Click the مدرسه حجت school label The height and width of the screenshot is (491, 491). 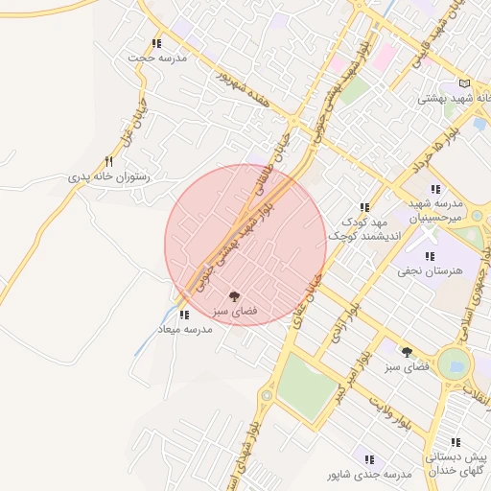click(x=157, y=58)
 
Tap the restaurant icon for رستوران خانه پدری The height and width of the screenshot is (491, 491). click(x=108, y=162)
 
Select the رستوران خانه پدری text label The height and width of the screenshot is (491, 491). click(x=110, y=177)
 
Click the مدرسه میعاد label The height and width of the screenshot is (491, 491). click(x=184, y=329)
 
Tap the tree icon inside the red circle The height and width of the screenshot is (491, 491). click(x=234, y=296)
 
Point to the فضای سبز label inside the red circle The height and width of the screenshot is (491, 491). click(x=234, y=313)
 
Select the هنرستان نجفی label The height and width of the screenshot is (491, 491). click(x=431, y=270)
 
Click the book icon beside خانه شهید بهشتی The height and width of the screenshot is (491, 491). click(x=465, y=83)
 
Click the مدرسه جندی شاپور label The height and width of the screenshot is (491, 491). click(x=369, y=474)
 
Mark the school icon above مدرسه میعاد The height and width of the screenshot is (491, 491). click(x=184, y=314)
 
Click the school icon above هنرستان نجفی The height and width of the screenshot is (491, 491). click(x=430, y=255)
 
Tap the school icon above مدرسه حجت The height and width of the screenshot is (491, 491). click(x=157, y=43)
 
